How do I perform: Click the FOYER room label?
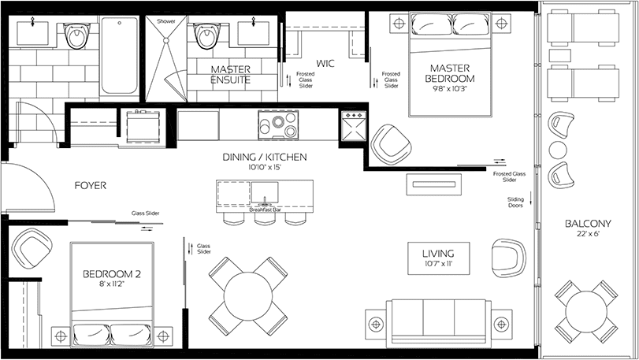[x=91, y=186]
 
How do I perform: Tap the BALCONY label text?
[x=588, y=224]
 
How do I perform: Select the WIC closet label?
[x=325, y=64]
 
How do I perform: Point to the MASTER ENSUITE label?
[x=231, y=75]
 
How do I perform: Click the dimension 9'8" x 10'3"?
[x=450, y=89]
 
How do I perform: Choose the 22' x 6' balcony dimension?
[x=588, y=234]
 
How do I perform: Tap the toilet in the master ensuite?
[x=206, y=35]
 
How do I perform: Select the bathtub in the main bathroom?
[x=120, y=54]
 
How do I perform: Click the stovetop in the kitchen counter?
[x=277, y=124]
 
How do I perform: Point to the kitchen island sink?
[x=265, y=192]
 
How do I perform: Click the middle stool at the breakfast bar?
[x=264, y=218]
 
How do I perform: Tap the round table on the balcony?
[x=585, y=311]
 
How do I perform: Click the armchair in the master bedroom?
[x=391, y=145]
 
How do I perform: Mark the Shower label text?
[x=166, y=21]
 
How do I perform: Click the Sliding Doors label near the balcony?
[x=515, y=202]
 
